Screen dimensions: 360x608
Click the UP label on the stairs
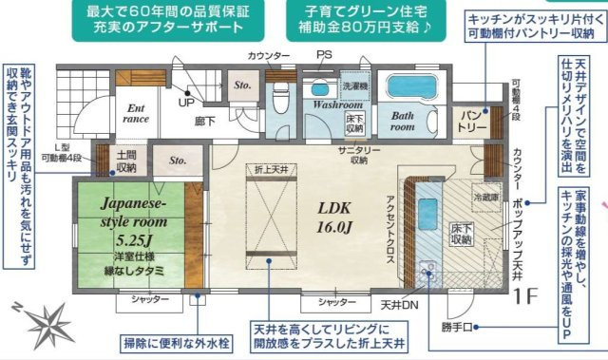186,103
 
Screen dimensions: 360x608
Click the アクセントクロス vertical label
389,218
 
